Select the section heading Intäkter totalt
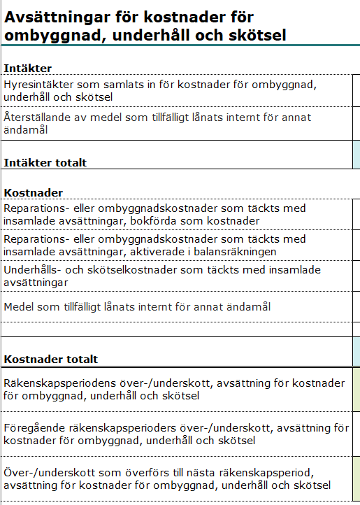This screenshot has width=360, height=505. pyautogui.click(x=45, y=162)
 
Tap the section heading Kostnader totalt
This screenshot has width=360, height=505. pyautogui.click(x=50, y=360)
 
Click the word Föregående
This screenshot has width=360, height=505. pyautogui.click(x=34, y=427)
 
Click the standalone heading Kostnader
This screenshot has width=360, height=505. pyautogui.click(x=34, y=192)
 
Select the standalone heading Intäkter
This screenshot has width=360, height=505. pyautogui.click(x=28, y=68)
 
